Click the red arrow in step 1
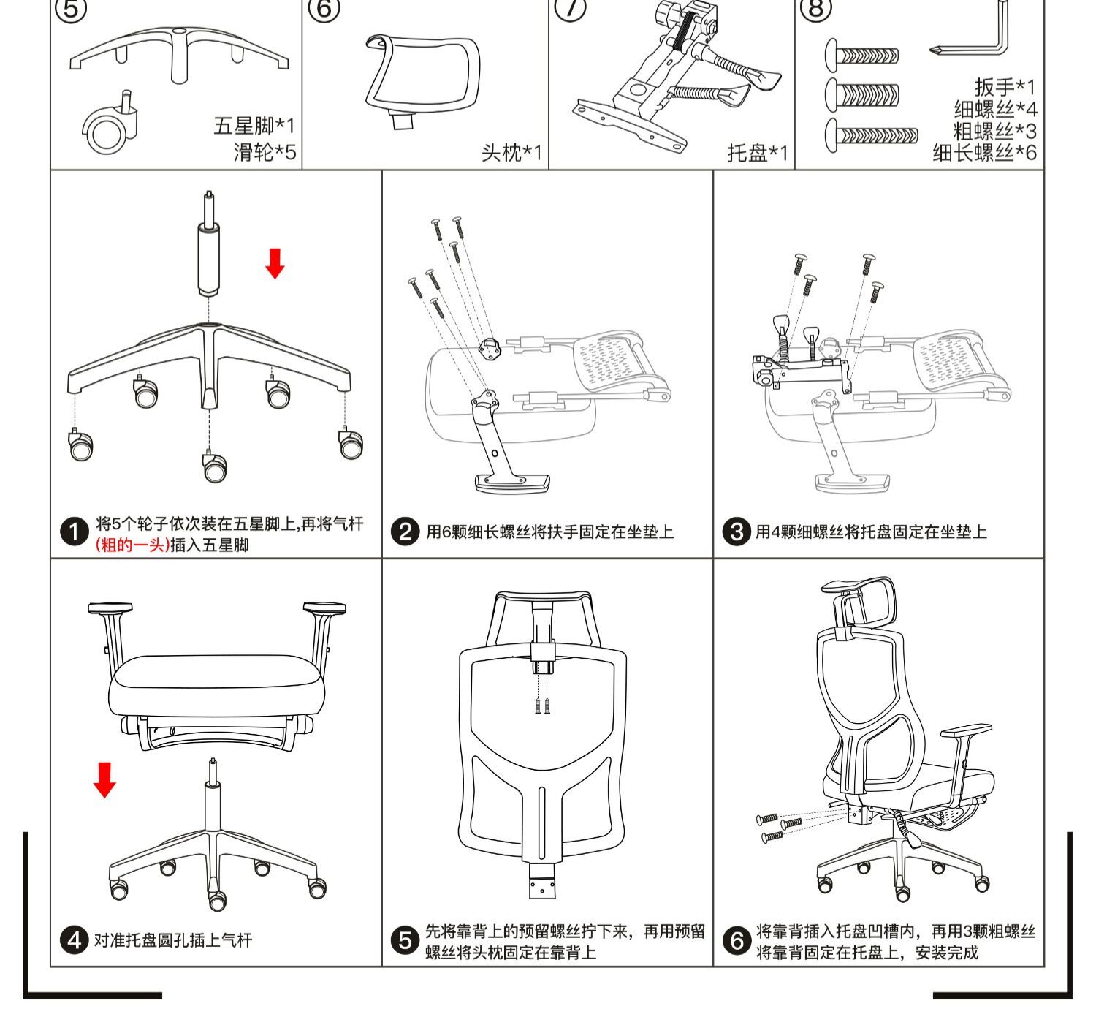(x=275, y=263)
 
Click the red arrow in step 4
(x=104, y=779)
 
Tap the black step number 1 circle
(x=74, y=532)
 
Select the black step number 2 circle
(x=405, y=532)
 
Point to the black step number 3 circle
(x=736, y=532)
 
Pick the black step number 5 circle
(x=405, y=941)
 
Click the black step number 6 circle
(x=737, y=941)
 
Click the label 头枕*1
(x=511, y=153)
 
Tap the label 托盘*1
(x=758, y=153)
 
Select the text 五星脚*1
(x=254, y=126)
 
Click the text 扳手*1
(x=1005, y=88)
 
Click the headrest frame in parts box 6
(x=422, y=77)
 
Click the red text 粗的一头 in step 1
(x=132, y=545)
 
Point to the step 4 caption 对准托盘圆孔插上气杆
(x=172, y=940)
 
